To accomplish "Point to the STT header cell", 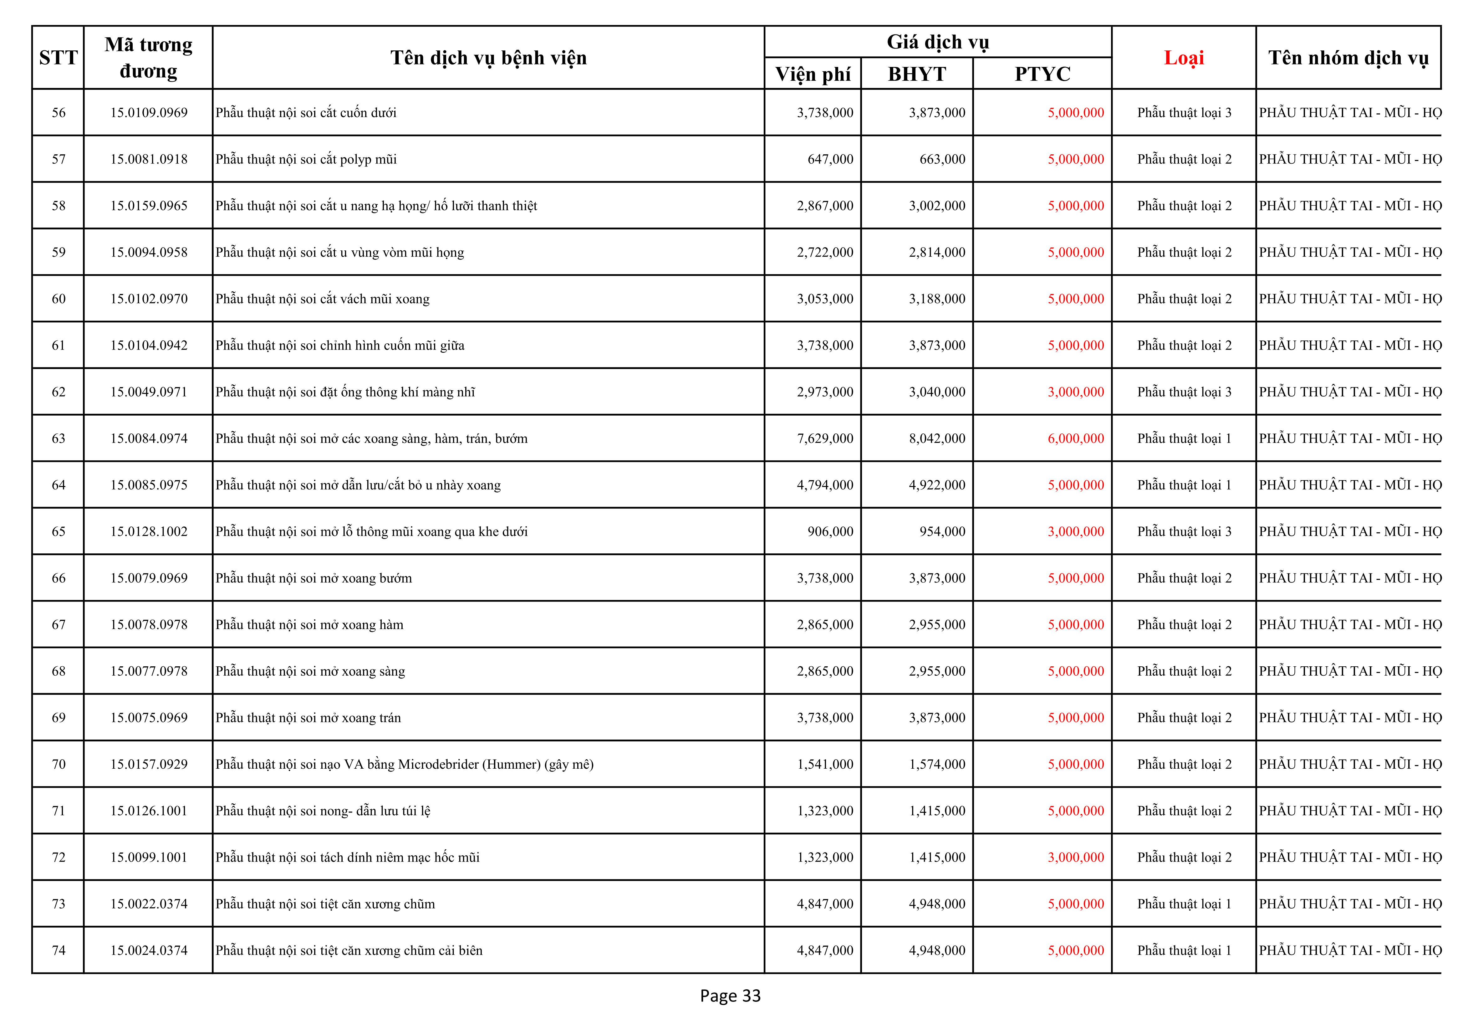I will (x=58, y=58).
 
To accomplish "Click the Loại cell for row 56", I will (x=1184, y=113).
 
